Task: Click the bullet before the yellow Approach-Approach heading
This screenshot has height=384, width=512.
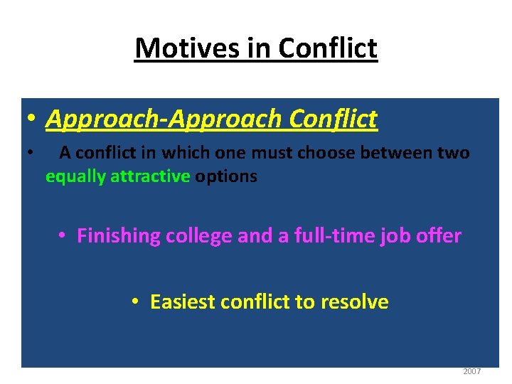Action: pos(32,120)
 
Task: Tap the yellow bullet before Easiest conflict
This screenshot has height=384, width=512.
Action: pos(136,302)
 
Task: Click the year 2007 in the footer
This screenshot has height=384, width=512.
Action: pos(471,371)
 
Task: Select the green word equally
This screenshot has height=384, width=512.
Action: pos(76,176)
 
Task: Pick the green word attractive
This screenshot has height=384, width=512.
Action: pos(150,176)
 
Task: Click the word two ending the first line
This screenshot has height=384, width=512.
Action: pos(454,153)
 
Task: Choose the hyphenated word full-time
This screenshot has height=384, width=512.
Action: pos(336,235)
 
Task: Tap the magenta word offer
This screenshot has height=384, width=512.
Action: pos(439,235)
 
